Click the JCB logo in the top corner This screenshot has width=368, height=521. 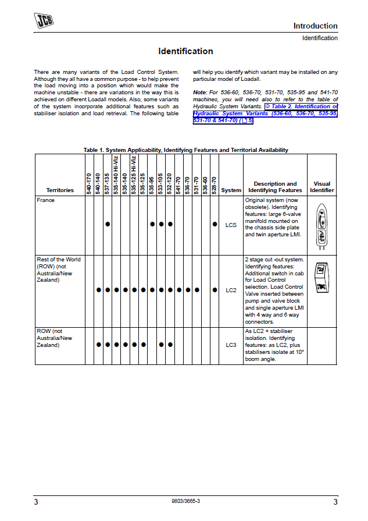[x=45, y=22]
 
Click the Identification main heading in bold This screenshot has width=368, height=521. [x=185, y=51]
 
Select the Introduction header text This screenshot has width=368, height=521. [x=315, y=26]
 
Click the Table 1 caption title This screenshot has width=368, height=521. [x=185, y=150]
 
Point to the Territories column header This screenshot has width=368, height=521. [x=60, y=190]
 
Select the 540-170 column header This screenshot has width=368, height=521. [x=90, y=183]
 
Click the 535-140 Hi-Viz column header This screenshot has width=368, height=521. [x=116, y=175]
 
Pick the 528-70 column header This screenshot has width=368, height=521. [x=215, y=185]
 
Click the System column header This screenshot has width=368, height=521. [x=231, y=190]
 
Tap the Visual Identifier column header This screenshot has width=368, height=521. [x=321, y=187]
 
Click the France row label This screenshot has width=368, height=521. [x=46, y=200]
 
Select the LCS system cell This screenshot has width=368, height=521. [x=231, y=224]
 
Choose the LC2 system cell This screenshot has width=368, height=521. [x=231, y=289]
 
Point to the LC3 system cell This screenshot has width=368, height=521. [x=231, y=345]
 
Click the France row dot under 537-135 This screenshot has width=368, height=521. [x=108, y=224]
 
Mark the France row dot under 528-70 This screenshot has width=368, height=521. [x=215, y=224]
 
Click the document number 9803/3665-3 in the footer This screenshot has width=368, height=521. [x=186, y=501]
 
